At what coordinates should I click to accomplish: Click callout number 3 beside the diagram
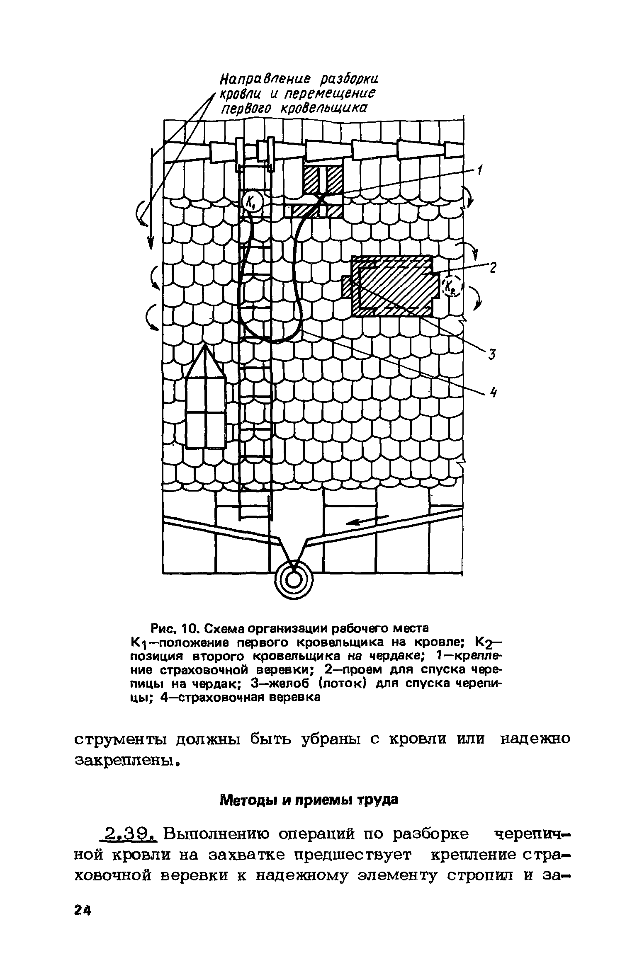491,354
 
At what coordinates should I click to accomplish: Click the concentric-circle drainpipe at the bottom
294,581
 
